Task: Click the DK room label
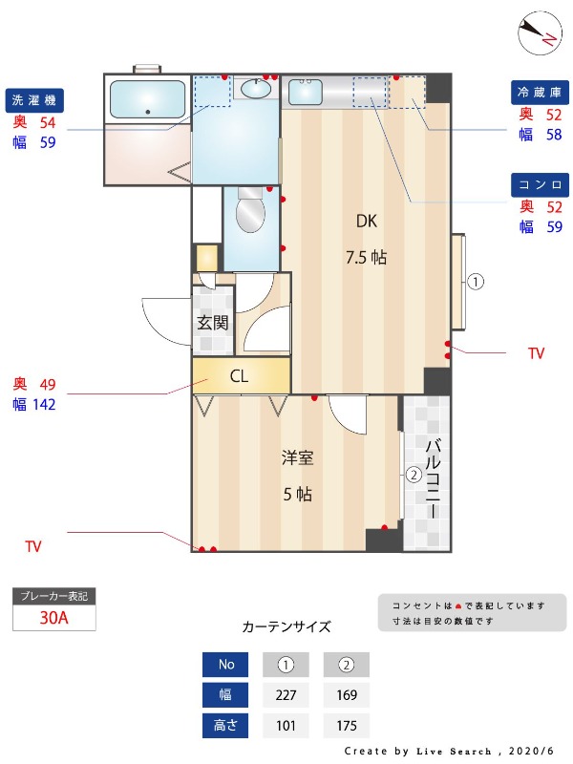pos(367,221)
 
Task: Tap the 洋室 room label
pos(297,457)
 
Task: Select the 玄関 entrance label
pos(212,322)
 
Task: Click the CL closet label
pos(239,376)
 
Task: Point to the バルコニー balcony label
pos(432,477)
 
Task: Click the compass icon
pos(538,33)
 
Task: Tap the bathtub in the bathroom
pos(147,98)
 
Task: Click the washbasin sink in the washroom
pos(255,89)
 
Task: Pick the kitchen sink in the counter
pos(307,92)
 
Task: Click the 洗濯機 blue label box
pos(34,100)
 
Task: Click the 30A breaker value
pos(53,617)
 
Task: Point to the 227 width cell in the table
pos(286,694)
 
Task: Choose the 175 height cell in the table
pos(347,726)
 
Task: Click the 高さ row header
pos(226,726)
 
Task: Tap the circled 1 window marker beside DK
pos(477,282)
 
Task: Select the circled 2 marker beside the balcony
pos(414,474)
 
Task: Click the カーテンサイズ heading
pos(286,627)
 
